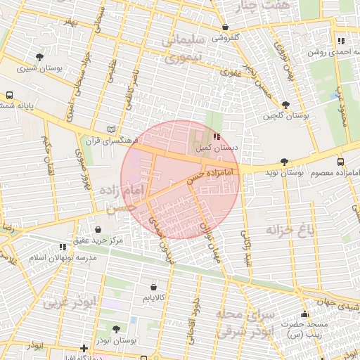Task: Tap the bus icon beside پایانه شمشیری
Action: click(10, 95)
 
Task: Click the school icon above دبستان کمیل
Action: click(217, 137)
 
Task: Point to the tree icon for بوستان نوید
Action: click(283, 162)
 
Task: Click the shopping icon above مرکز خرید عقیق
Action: click(98, 229)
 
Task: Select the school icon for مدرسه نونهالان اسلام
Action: click(63, 247)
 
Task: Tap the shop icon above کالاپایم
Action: click(154, 287)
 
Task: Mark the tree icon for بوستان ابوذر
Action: click(116, 328)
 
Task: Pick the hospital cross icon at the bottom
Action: click(84, 348)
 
